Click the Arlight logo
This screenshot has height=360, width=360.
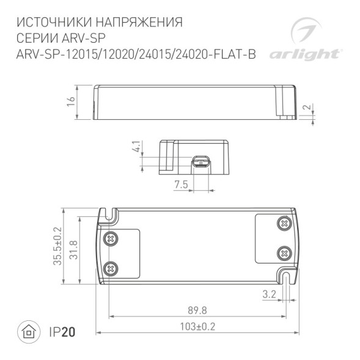pyautogui.click(x=314, y=40)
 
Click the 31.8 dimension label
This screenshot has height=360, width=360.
pyautogui.click(x=74, y=249)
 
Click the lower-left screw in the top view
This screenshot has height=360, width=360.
pyautogui.click(x=111, y=267)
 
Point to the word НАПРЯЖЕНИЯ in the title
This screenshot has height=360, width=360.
pyautogui.click(x=141, y=23)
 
